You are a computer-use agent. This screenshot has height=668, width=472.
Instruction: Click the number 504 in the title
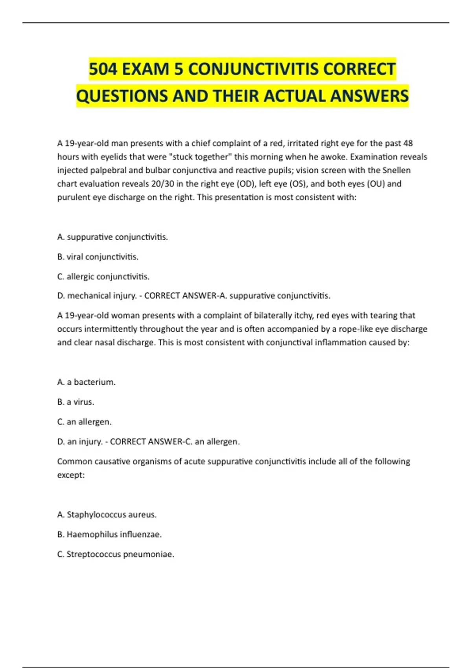[x=103, y=69]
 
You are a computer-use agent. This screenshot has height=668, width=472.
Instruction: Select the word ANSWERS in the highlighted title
[x=370, y=96]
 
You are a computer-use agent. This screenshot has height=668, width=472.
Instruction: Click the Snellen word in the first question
[x=396, y=170]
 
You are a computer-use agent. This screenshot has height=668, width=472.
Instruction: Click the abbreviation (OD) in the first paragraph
[x=246, y=184]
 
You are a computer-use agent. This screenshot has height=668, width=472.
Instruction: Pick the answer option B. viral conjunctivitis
[x=98, y=257]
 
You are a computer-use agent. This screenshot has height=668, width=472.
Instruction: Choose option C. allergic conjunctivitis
[x=103, y=276]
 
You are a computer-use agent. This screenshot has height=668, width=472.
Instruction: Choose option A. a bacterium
[x=86, y=382]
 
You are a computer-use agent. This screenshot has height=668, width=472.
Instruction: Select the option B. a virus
[x=76, y=402]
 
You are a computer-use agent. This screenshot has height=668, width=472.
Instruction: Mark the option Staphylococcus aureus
[x=107, y=514]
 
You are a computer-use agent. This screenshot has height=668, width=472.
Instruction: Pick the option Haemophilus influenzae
[x=109, y=534]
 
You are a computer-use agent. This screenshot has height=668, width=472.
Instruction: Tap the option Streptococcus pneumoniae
[x=115, y=554]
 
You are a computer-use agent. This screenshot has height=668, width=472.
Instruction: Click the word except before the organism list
[x=71, y=475]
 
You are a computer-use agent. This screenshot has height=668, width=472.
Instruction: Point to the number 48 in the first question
[x=408, y=143]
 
